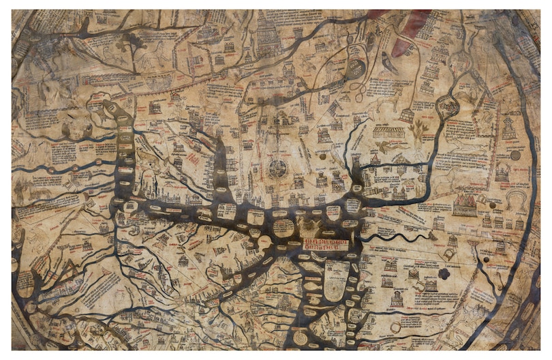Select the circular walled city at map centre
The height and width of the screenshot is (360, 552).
pos(277,168)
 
